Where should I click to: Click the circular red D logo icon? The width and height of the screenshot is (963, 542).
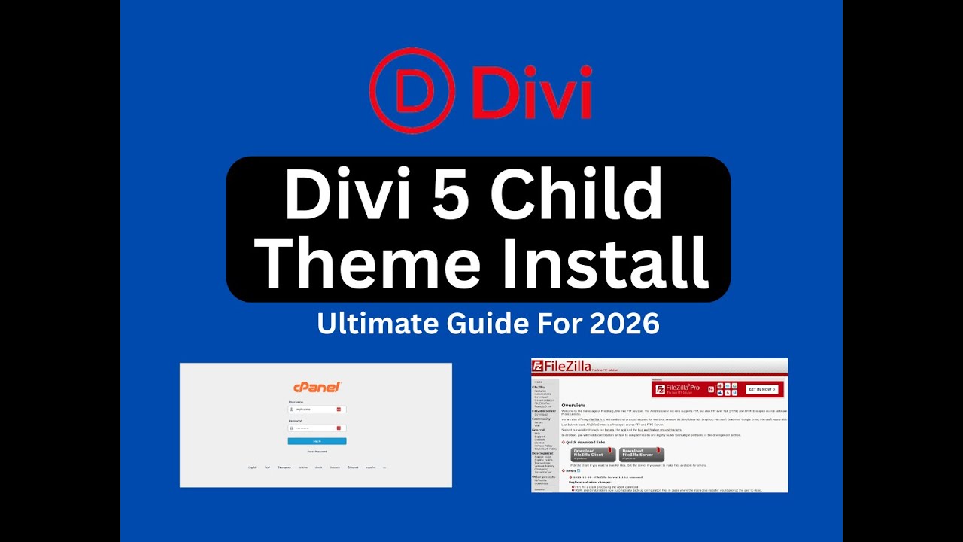[412, 90]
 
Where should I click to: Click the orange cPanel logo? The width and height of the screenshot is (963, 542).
[317, 387]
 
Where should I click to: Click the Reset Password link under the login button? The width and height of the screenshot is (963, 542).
[317, 452]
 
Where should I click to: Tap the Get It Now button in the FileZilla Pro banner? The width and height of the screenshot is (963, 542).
[761, 389]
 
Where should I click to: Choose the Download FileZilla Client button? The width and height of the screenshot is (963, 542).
[592, 455]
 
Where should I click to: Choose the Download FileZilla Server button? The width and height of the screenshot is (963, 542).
[641, 455]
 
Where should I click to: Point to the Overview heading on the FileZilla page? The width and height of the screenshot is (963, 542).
[573, 406]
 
